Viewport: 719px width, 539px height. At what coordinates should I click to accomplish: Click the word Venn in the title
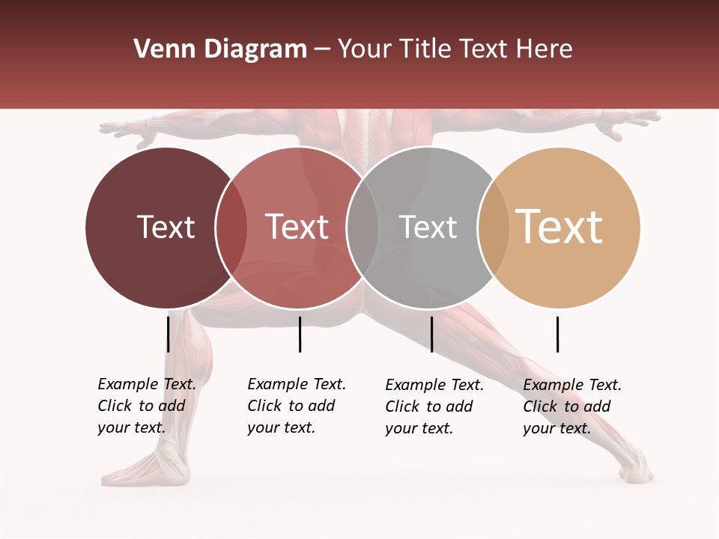point(166,49)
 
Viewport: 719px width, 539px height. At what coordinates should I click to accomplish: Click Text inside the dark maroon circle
point(166,227)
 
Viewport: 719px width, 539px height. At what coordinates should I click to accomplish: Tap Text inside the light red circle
point(297,227)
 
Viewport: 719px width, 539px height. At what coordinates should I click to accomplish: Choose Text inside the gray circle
point(428,227)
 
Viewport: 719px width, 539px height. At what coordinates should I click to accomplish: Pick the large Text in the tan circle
point(559,227)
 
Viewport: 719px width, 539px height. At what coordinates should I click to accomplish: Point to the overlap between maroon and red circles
point(231,227)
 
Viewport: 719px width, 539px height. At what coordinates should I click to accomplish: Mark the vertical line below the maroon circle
point(168,334)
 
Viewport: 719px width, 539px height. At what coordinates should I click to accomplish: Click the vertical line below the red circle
point(300,334)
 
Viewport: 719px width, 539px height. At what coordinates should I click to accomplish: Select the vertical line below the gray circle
point(431,334)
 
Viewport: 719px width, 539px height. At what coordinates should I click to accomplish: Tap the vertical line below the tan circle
point(557,334)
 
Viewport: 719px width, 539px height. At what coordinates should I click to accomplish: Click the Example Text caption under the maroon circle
point(147,406)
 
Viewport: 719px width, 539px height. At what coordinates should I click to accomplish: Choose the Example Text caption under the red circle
point(297,406)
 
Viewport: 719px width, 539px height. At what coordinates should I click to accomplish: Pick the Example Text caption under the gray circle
point(434,406)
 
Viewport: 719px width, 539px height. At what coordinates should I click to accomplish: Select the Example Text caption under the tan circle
point(572,406)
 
